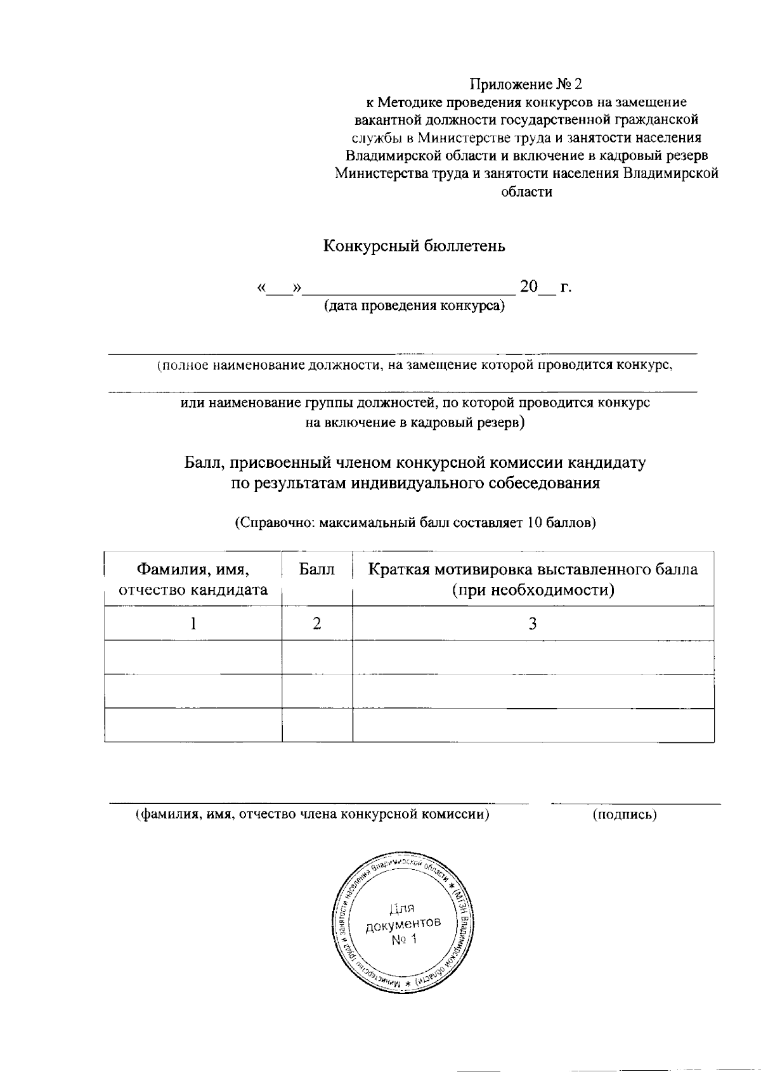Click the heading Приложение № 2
(x=525, y=84)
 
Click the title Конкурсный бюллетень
(x=414, y=246)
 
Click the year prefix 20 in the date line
(x=528, y=287)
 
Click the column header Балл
(x=316, y=569)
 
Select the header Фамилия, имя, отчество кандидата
(x=193, y=579)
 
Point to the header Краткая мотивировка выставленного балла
(x=533, y=569)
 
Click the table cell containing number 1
(x=193, y=624)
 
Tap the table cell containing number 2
(x=316, y=624)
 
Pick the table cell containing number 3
(x=533, y=624)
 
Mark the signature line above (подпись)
(x=635, y=804)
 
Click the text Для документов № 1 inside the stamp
(x=403, y=923)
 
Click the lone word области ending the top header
(x=526, y=192)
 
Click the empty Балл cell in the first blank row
(x=316, y=657)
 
